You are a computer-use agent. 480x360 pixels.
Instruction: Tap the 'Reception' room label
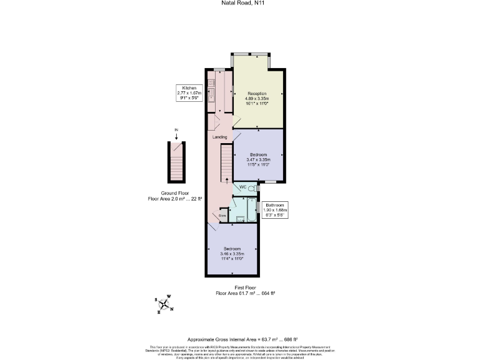click(257, 93)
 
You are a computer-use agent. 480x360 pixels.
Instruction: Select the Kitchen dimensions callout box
click(190, 92)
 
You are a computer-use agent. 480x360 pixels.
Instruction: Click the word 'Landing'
click(219, 137)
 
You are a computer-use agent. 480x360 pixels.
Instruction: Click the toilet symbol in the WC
click(251, 187)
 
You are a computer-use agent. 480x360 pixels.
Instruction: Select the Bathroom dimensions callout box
click(275, 210)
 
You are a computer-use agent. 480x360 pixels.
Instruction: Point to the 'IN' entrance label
click(176, 130)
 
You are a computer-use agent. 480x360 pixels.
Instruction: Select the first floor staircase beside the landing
click(226, 163)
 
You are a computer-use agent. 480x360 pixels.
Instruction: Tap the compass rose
click(164, 304)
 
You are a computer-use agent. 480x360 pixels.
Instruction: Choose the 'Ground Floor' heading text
click(175, 194)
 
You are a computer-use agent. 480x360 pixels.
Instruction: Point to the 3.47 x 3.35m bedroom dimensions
click(259, 159)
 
